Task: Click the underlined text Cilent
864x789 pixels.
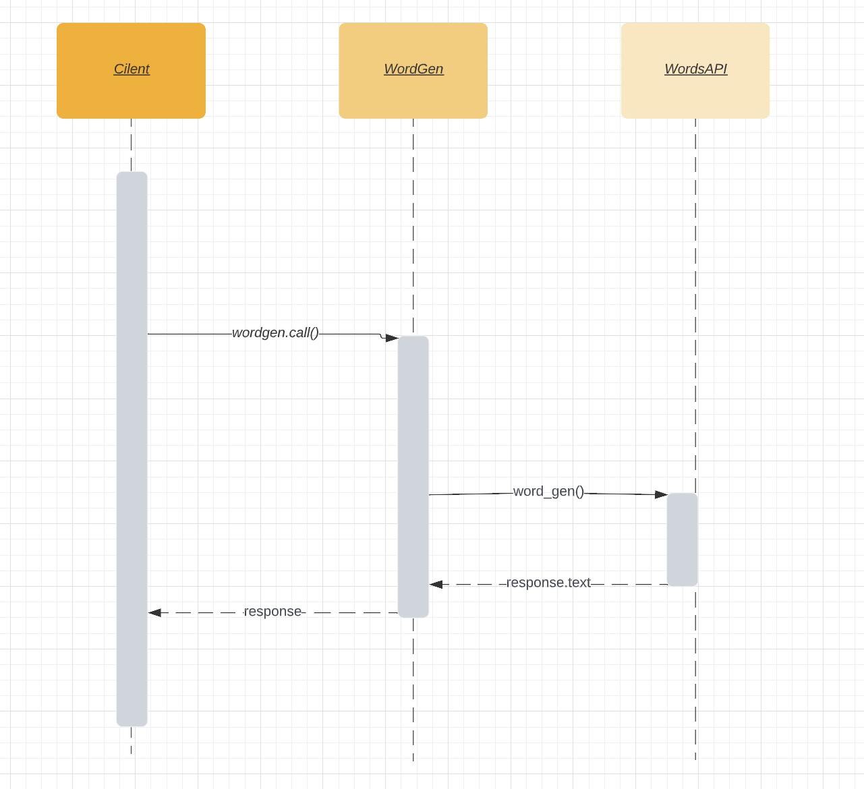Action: pos(132,69)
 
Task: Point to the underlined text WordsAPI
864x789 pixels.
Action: pos(695,69)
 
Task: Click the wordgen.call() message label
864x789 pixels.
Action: pos(275,333)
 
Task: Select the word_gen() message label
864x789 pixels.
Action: pos(548,492)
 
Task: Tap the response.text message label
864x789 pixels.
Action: pos(548,583)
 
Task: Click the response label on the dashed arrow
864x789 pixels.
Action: pos(272,612)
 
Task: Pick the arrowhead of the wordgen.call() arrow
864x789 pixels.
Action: pos(392,338)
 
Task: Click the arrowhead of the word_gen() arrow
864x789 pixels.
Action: pos(661,494)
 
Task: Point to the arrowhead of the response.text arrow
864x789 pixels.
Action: pos(436,585)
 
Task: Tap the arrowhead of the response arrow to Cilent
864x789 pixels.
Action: pos(154,613)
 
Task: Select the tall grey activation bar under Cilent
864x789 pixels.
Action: pos(132,448)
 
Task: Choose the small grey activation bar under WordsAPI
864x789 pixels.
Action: pos(682,539)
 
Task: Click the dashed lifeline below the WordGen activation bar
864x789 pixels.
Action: pos(413,688)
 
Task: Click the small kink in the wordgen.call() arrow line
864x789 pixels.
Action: pos(382,336)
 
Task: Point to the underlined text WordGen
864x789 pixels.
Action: pos(413,69)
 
